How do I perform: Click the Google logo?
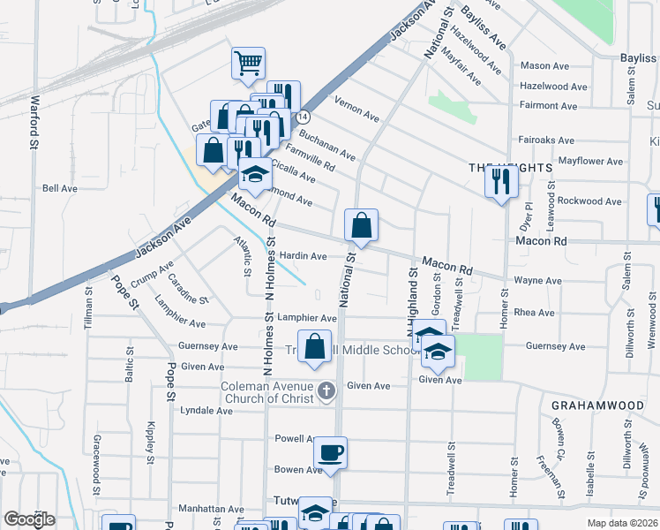[28, 519]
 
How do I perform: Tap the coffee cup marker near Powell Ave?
[330, 453]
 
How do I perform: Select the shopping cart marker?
[248, 64]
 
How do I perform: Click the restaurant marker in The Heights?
[501, 181]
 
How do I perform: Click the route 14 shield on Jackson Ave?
[303, 117]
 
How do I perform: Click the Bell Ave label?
[60, 188]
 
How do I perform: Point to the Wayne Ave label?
[537, 281]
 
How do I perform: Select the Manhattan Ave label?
[211, 510]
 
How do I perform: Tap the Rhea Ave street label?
[534, 312]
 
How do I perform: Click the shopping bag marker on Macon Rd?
[361, 226]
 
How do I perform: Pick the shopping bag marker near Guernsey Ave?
[314, 347]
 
